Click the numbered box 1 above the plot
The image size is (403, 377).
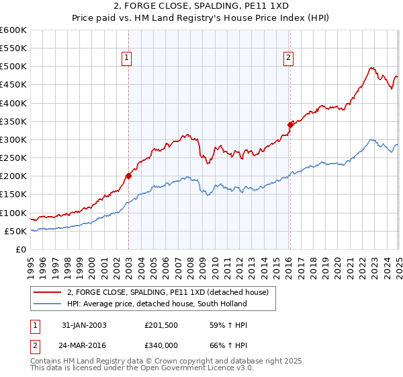coord(127,59)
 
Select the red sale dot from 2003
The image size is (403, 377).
coord(128,176)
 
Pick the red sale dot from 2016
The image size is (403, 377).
coord(290,125)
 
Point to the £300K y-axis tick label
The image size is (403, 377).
coord(14,139)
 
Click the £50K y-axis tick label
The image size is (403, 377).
coord(16,231)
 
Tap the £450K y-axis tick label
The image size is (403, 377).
coord(14,85)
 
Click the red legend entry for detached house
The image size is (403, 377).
coord(168,292)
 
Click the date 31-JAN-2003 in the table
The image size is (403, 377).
coord(84,325)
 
